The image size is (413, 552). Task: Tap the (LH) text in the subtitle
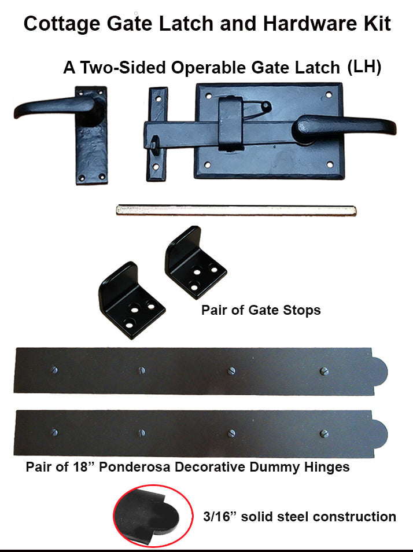364,67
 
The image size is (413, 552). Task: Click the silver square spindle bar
237,209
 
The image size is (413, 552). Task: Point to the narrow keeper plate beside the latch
157,133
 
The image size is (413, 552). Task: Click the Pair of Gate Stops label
261,310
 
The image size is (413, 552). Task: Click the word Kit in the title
374,24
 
